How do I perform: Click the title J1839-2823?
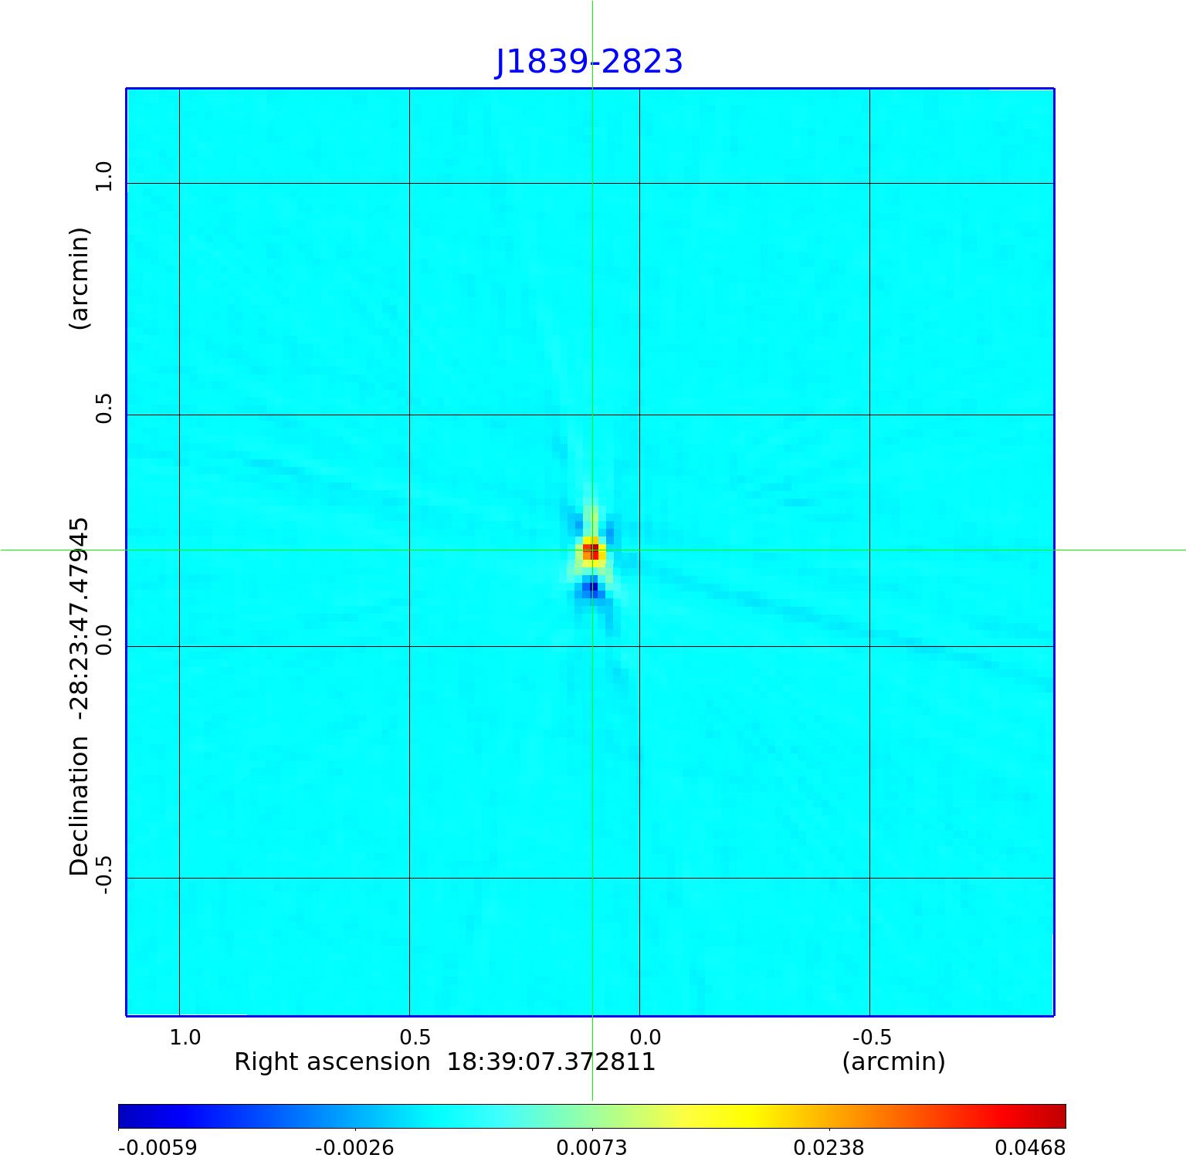[x=588, y=62]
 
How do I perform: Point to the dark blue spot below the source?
[x=591, y=588]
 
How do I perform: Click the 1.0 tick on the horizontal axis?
[x=185, y=1036]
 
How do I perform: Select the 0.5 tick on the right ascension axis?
[x=415, y=1036]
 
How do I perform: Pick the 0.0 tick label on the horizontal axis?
[x=645, y=1036]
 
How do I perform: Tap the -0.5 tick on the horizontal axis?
[x=872, y=1036]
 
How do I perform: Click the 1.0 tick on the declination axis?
[x=103, y=176]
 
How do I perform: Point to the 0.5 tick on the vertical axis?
[x=103, y=408]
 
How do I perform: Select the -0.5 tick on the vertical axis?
[x=103, y=875]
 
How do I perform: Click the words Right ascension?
[x=332, y=1062]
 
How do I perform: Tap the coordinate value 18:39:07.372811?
[x=551, y=1062]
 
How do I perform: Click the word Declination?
[x=80, y=806]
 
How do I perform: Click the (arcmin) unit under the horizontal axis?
[x=893, y=1062]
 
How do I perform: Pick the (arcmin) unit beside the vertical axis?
[x=80, y=278]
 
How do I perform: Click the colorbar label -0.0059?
[x=158, y=1147]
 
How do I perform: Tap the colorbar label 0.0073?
[x=591, y=1147]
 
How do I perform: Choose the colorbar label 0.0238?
[x=829, y=1147]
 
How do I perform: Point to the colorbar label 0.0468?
[x=1029, y=1147]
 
